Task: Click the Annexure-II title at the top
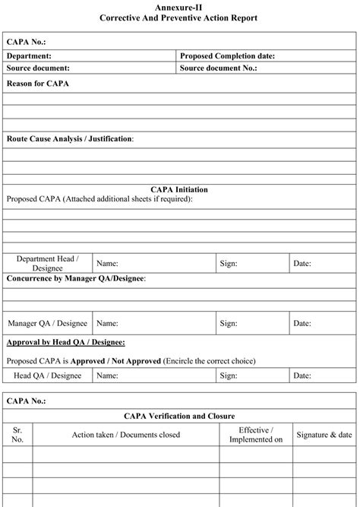[179, 7]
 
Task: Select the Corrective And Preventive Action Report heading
[179, 17]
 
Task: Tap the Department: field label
[30, 56]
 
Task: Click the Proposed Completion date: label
[227, 56]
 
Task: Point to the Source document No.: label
[218, 68]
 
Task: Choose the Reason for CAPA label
[38, 83]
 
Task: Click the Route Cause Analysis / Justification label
[70, 139]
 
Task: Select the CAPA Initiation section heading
[179, 189]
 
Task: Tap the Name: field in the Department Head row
[108, 264]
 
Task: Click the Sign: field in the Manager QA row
[229, 323]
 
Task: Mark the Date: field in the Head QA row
[302, 375]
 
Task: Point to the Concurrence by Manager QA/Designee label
[76, 279]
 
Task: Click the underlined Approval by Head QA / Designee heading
[66, 343]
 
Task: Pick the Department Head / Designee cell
[48, 264]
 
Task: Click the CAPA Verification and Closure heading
[179, 416]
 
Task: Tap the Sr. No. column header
[17, 435]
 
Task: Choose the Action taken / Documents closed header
[126, 435]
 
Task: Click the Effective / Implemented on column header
[255, 435]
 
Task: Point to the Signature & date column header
[324, 435]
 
